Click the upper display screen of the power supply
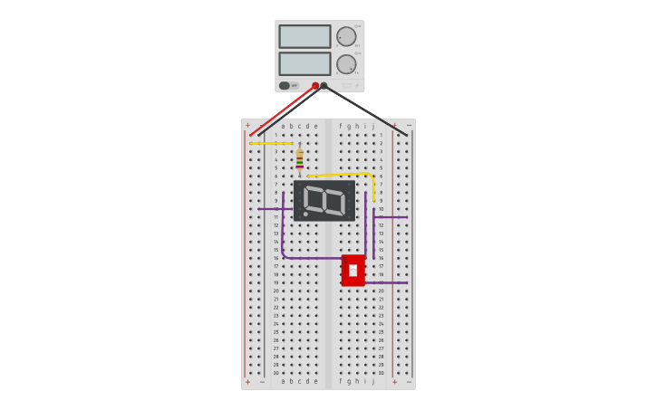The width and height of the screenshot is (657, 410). pos(304,36)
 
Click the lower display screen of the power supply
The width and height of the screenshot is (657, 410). pos(304,63)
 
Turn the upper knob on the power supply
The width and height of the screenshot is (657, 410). pos(346,36)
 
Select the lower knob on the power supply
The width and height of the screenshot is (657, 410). pos(346,64)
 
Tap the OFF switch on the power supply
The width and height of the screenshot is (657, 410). pos(286,86)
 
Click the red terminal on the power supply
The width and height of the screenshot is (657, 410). pos(315,86)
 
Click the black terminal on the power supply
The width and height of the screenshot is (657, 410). pos(324,86)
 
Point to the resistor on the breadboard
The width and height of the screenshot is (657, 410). pos(300,159)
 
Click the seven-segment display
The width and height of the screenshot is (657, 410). pos(324,200)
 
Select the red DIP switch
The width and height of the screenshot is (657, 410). pos(353,270)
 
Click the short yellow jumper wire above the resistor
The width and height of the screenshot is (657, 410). pos(271,143)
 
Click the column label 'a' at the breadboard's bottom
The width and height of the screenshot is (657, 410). pos(283,381)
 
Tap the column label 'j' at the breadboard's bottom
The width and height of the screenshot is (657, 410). pos(373,381)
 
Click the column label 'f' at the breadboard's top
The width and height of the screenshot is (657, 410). pos(341,126)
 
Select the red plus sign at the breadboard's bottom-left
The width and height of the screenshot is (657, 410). pos(247,382)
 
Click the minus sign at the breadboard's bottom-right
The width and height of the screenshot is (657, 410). pos(409,382)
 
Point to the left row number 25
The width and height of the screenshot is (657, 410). pos(275,331)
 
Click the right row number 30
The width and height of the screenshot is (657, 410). pos(381,373)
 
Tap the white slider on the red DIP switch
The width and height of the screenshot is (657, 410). pos(353,270)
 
